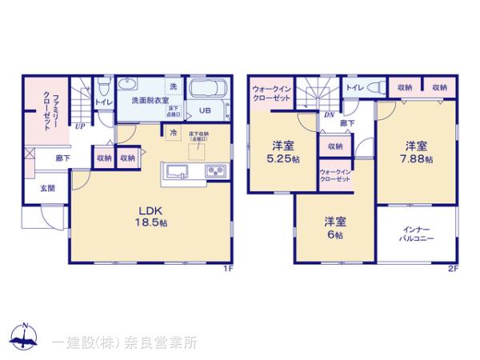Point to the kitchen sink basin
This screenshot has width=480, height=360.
pyautogui.click(x=178, y=171)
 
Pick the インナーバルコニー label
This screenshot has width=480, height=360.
pyautogui.click(x=416, y=234)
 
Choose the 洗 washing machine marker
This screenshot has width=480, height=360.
pyautogui.click(x=174, y=86)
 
